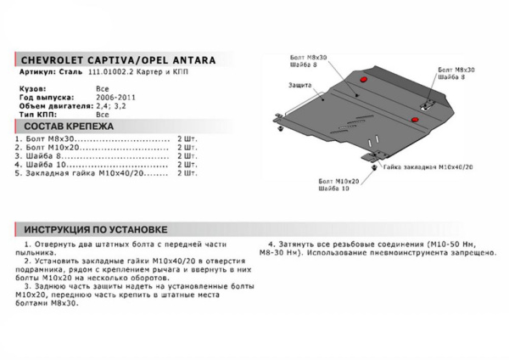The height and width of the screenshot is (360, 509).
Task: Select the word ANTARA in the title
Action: [191, 60]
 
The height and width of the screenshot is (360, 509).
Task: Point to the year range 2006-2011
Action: [112, 97]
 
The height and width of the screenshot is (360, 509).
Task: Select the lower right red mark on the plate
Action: [416, 120]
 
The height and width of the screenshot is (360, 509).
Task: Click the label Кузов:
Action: [31, 88]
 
